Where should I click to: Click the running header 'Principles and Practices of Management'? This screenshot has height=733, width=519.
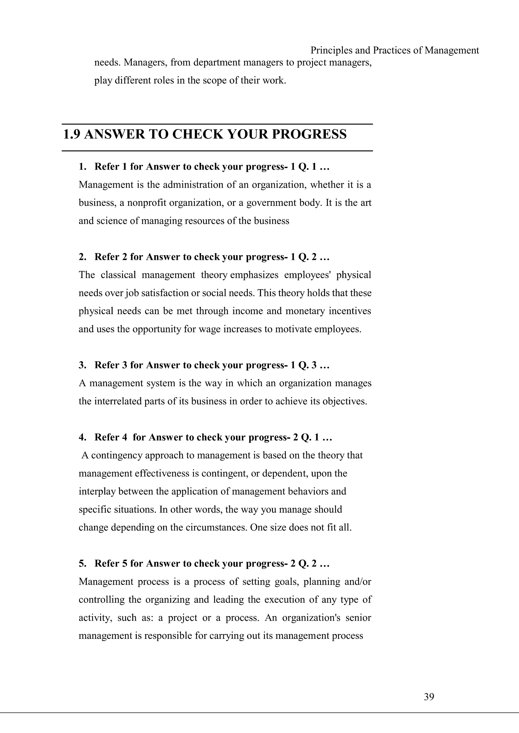(395, 50)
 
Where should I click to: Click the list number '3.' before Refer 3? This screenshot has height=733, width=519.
(82, 365)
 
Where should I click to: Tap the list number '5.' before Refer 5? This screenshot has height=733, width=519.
(82, 564)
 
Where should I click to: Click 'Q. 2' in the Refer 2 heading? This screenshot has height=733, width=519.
(307, 257)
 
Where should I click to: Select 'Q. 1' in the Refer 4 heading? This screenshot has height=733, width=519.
(310, 437)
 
